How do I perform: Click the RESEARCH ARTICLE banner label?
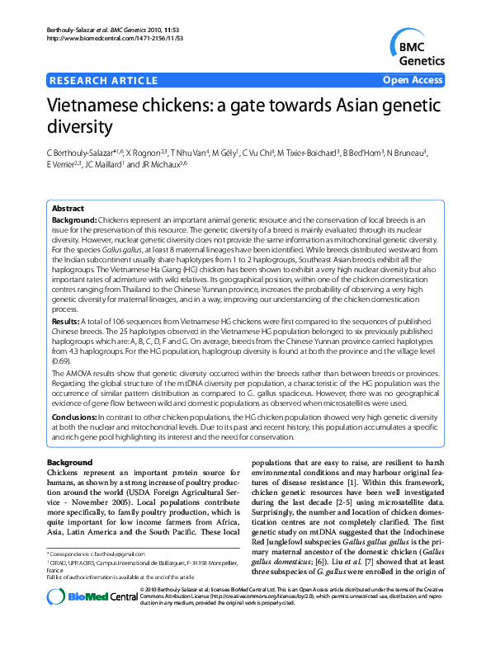pyautogui.click(x=104, y=80)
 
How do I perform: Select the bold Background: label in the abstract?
pyautogui.click(x=74, y=221)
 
